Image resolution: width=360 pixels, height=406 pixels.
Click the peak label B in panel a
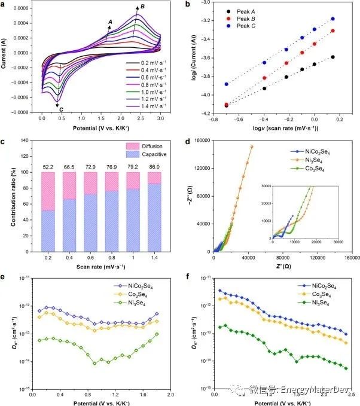pos(141,7)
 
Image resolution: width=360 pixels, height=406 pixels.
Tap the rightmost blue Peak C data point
pos(332,19)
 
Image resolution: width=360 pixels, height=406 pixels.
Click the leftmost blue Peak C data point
pos(227,84)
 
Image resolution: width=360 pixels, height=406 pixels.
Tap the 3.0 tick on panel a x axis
pos(160,119)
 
